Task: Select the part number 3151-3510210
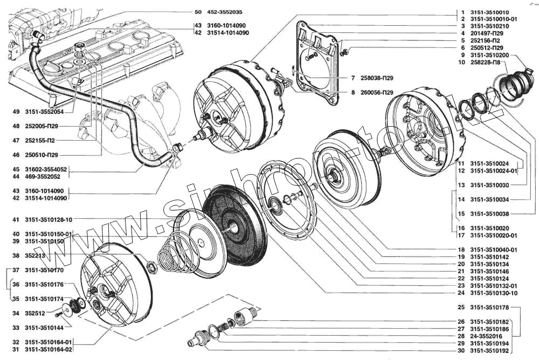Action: tap(489, 26)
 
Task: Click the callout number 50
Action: tap(198, 12)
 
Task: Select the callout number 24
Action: tap(461, 293)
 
